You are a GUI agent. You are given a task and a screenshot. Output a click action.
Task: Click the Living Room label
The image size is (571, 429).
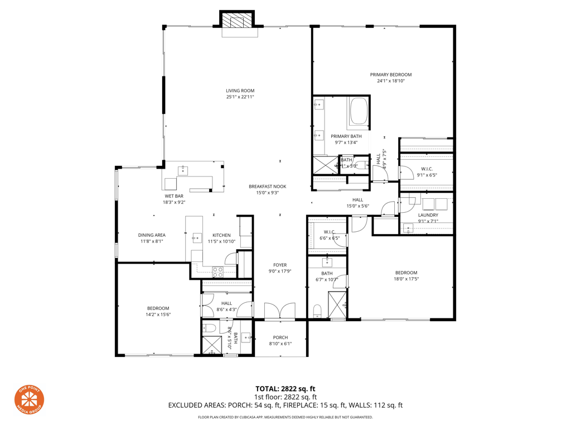pyautogui.click(x=240, y=90)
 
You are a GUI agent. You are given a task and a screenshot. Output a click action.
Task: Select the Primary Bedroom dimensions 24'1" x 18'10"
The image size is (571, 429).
pyautogui.click(x=390, y=81)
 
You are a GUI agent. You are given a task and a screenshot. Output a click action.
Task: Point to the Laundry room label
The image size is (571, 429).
pyautogui.click(x=428, y=214)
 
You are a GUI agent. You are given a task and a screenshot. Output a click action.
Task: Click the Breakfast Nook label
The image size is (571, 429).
pyautogui.click(x=267, y=187)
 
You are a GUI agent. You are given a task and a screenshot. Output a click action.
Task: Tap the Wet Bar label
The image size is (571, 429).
pyautogui.click(x=173, y=196)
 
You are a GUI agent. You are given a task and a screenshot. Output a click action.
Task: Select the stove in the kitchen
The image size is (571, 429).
pyautogui.click(x=217, y=271)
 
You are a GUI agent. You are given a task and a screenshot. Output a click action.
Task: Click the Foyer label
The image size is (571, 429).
pyautogui.click(x=279, y=265)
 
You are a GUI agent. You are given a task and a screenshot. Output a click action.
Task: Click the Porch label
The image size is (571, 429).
pyautogui.click(x=280, y=337)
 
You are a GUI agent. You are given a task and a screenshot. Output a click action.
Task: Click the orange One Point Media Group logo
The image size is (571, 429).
pyautogui.click(x=29, y=399)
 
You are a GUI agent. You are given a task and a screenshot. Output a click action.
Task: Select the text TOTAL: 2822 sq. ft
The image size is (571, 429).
pyautogui.click(x=285, y=388)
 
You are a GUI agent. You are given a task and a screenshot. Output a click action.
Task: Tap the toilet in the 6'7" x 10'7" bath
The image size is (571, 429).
pyautogui.click(x=317, y=311)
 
